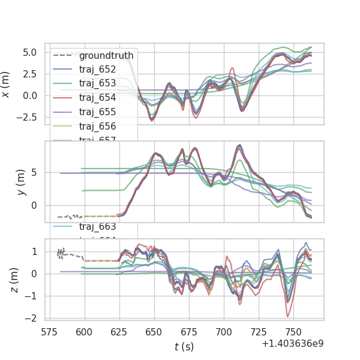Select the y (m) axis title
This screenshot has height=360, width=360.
click(20, 182)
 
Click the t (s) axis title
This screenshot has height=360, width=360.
click(184, 346)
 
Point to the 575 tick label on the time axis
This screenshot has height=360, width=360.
click(49, 331)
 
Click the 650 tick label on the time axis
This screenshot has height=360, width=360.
click(154, 331)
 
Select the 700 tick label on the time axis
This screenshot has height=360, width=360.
click(224, 331)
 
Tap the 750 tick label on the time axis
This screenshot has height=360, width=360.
click(293, 331)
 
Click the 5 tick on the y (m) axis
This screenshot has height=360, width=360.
click(34, 173)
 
